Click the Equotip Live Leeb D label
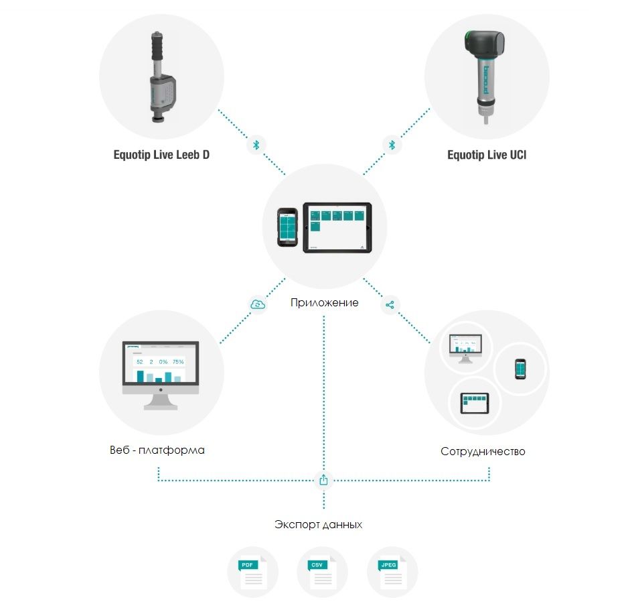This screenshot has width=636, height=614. tap(161, 156)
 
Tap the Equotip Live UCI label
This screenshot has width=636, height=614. tap(486, 156)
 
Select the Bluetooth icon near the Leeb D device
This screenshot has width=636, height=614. tap(256, 145)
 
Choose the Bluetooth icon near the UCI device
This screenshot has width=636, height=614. tap(392, 145)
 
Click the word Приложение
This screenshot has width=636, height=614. tap(324, 302)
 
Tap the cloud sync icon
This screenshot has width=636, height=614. tap(258, 304)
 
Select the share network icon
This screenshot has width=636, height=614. tap(390, 305)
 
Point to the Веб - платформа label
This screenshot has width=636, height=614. tap(157, 450)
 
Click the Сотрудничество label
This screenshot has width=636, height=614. tap(483, 451)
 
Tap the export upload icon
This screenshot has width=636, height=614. tap(324, 480)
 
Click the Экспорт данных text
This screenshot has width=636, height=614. tap(319, 524)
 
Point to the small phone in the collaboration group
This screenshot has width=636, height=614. tap(520, 369)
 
